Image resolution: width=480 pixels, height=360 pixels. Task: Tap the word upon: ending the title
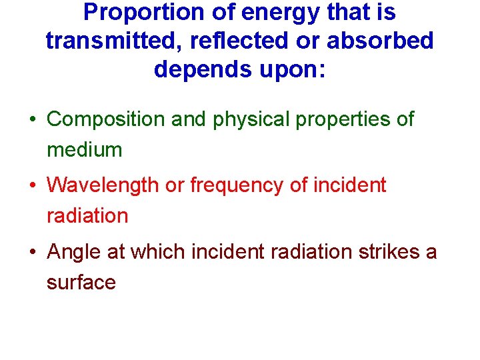click(x=291, y=69)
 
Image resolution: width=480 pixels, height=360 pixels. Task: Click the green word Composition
click(x=107, y=120)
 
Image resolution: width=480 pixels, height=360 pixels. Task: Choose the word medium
click(x=85, y=150)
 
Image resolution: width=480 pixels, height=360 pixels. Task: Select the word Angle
click(x=73, y=252)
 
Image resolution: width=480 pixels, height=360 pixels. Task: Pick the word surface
click(x=81, y=283)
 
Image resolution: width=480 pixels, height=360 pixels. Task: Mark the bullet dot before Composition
click(x=32, y=120)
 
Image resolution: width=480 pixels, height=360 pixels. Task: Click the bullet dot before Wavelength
click(x=32, y=185)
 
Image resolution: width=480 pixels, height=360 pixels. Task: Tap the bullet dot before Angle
click(x=32, y=252)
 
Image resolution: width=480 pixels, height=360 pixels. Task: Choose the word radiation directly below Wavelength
click(x=87, y=216)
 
